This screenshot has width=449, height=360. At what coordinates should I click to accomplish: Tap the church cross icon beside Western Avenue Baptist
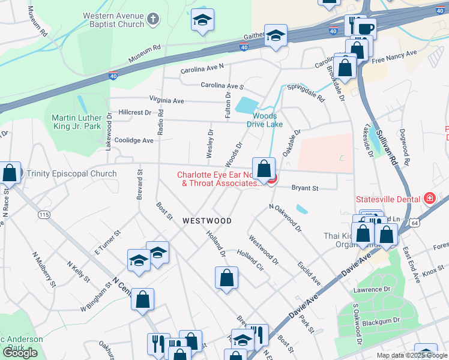pyautogui.click(x=153, y=20)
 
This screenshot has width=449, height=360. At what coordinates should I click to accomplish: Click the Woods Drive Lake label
pyautogui.click(x=264, y=120)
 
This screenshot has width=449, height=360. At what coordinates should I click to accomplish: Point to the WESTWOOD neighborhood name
pyautogui.click(x=207, y=221)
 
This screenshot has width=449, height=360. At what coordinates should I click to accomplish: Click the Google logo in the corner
pyautogui.click(x=20, y=352)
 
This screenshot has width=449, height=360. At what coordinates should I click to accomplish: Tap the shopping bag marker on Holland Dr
pyautogui.click(x=226, y=278)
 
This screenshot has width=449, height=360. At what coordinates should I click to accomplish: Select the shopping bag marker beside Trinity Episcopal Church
pyautogui.click(x=10, y=173)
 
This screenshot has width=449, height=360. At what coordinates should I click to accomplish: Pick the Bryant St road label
pyautogui.click(x=304, y=188)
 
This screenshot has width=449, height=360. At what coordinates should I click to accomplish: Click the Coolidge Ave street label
pyautogui.click(x=135, y=140)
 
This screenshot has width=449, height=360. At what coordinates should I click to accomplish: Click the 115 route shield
pyautogui.click(x=44, y=214)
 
